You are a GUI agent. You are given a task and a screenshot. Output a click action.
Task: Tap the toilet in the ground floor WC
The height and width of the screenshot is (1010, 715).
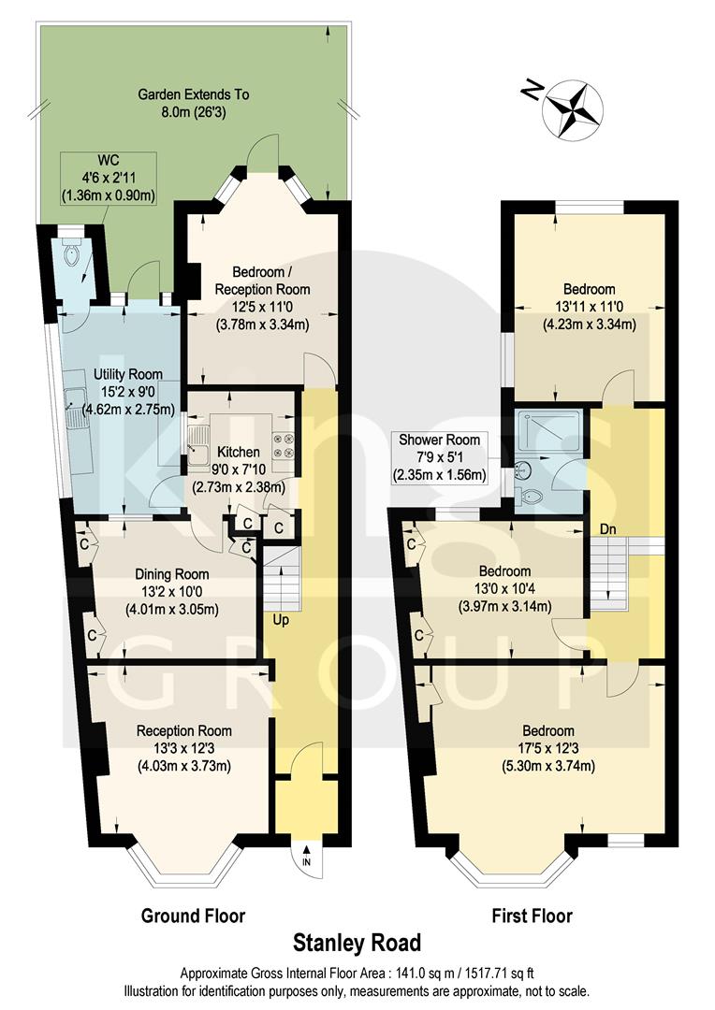70,251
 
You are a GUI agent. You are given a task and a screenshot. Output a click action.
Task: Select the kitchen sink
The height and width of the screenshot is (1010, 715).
197,447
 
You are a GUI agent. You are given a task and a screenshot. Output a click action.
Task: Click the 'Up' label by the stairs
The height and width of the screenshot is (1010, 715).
280,620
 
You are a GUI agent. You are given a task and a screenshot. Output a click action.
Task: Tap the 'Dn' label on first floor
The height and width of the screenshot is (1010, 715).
608,529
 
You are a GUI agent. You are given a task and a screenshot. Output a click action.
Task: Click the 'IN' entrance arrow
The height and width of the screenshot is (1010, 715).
306,854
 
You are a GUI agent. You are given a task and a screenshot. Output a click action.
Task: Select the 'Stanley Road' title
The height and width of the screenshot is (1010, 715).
357,942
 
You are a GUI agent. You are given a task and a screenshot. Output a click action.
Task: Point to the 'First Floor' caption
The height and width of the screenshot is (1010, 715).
532,915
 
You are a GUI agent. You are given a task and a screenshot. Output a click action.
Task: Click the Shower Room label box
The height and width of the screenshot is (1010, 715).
439,457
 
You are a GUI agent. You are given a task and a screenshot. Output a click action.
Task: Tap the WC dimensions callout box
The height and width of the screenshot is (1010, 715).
108,178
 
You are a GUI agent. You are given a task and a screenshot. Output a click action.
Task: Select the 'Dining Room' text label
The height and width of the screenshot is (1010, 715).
171,574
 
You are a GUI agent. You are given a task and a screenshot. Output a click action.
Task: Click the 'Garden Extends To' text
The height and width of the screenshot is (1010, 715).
194,94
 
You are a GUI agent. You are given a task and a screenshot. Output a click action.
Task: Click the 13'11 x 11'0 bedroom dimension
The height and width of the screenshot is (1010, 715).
589,307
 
